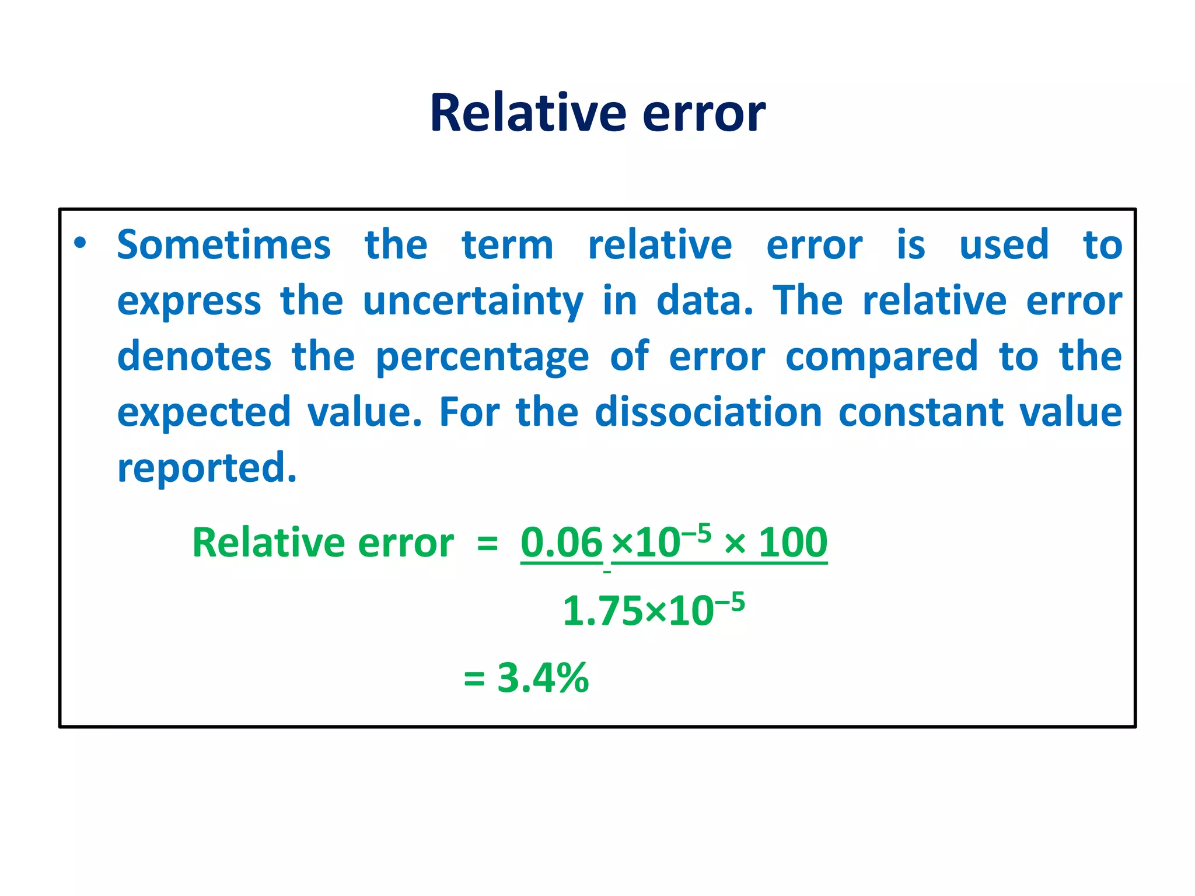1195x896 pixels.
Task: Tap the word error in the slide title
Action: [x=704, y=114]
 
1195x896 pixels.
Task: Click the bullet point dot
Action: [x=81, y=243]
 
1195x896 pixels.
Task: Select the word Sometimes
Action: [x=224, y=244]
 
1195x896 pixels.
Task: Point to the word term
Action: [x=508, y=246]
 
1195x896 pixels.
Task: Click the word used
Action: [x=1004, y=244]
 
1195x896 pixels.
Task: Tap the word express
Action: [x=189, y=302]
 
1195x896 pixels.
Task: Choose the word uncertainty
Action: [x=473, y=302]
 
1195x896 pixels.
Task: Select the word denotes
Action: [x=194, y=356]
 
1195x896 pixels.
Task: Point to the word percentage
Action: [x=482, y=358]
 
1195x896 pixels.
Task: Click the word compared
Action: [x=882, y=358]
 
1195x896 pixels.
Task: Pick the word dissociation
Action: [x=708, y=412]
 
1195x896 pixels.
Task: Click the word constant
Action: [x=921, y=412]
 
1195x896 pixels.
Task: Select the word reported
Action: [x=207, y=468]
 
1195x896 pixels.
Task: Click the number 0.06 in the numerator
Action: [x=561, y=542]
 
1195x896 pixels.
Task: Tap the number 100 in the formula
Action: [x=792, y=542]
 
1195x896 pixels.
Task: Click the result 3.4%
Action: [x=543, y=678]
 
